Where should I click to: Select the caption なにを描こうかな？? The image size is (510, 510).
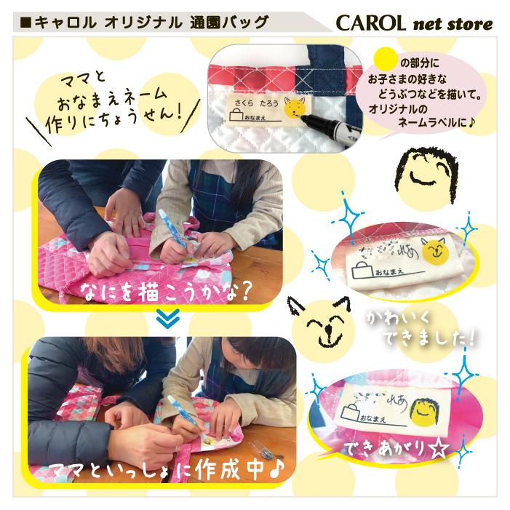tap(170, 293)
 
